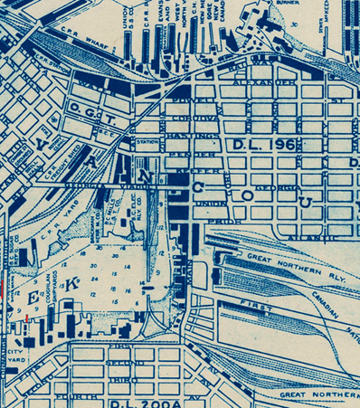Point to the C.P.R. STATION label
click(x=45, y=71)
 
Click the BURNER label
click(x=289, y=5)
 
